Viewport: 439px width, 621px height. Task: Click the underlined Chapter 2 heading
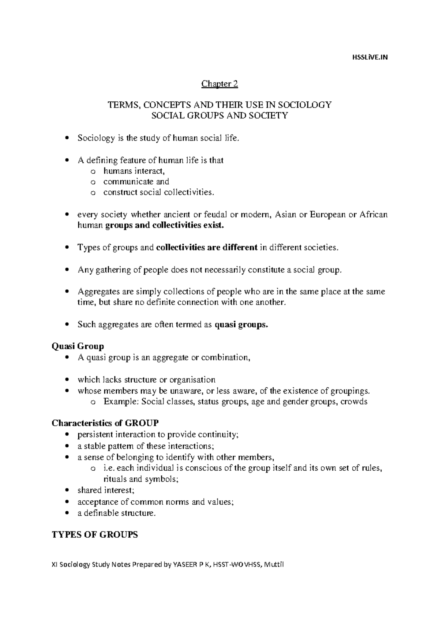[x=219, y=84]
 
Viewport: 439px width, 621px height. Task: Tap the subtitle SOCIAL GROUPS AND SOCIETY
[x=219, y=116]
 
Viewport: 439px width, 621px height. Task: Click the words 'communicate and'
[x=136, y=181]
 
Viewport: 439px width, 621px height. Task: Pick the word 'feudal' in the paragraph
[x=215, y=214]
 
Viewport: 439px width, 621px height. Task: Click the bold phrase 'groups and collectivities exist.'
[x=164, y=226]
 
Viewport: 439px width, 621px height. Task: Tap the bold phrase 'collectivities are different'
[x=207, y=248]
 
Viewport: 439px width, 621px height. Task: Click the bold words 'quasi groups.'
[x=241, y=325]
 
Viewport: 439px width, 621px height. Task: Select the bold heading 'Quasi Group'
[x=78, y=346]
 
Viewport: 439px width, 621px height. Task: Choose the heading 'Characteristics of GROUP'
[x=105, y=424]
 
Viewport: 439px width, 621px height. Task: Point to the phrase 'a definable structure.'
[x=116, y=513]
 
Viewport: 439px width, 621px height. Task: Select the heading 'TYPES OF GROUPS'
[x=95, y=535]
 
